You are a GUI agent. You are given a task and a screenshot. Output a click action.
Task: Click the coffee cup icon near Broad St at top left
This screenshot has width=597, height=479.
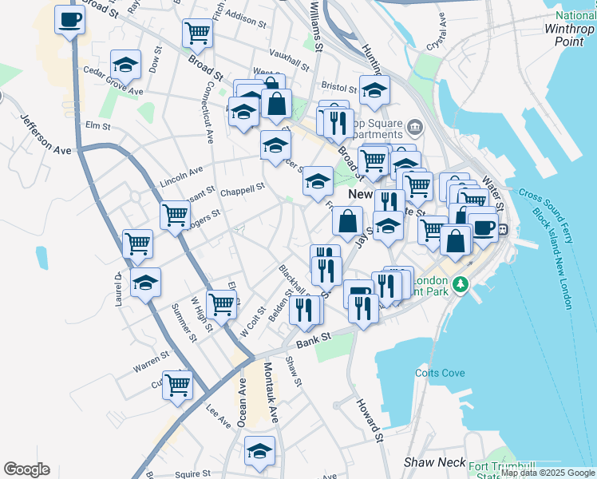point(69,19)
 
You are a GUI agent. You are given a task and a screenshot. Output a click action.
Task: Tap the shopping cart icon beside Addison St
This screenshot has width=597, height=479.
point(197,34)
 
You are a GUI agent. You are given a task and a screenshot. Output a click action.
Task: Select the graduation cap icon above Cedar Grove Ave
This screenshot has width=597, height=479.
point(125,63)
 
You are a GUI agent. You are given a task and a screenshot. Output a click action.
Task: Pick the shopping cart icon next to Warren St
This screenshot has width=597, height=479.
point(178,385)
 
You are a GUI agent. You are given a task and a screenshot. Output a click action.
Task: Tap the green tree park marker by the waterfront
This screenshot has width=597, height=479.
point(461,284)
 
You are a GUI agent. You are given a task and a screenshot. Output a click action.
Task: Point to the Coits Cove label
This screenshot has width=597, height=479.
point(439,373)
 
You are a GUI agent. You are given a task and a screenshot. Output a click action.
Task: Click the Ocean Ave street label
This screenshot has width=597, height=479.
point(242,402)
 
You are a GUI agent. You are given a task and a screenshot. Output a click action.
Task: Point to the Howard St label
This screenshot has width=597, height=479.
point(370,418)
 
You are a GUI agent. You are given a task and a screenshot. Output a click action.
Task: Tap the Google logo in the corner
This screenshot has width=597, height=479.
point(26,469)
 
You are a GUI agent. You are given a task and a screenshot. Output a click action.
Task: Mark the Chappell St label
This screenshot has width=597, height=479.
point(242,191)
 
